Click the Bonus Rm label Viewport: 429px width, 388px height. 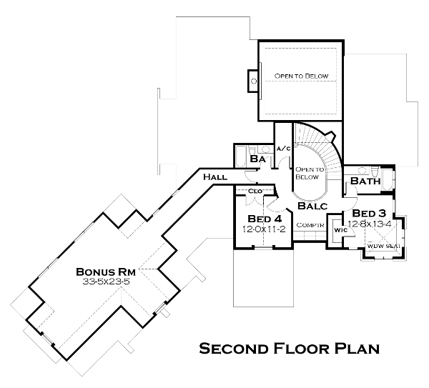(x=106, y=272)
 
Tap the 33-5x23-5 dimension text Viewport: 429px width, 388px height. (x=106, y=282)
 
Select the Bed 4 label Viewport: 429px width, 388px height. (x=265, y=219)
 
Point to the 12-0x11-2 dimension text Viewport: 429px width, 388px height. (x=264, y=229)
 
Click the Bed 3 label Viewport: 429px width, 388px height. (x=369, y=213)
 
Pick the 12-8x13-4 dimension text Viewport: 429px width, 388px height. (x=370, y=224)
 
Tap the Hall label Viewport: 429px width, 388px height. (x=215, y=177)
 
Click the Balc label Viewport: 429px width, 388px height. (x=312, y=206)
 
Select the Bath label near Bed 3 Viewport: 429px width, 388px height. (x=365, y=181)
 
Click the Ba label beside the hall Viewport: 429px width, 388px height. (x=257, y=159)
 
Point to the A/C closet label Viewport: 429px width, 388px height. (x=283, y=149)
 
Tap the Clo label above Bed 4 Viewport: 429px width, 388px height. (x=255, y=191)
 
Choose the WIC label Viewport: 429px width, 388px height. (x=340, y=230)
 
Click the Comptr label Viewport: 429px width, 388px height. (x=310, y=225)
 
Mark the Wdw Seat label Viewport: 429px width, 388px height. (x=383, y=246)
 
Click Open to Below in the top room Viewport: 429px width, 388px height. (x=301, y=76)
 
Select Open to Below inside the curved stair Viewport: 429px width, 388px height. (x=309, y=174)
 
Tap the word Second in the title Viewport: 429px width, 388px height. (x=233, y=349)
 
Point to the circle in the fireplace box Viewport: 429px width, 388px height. (x=254, y=81)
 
